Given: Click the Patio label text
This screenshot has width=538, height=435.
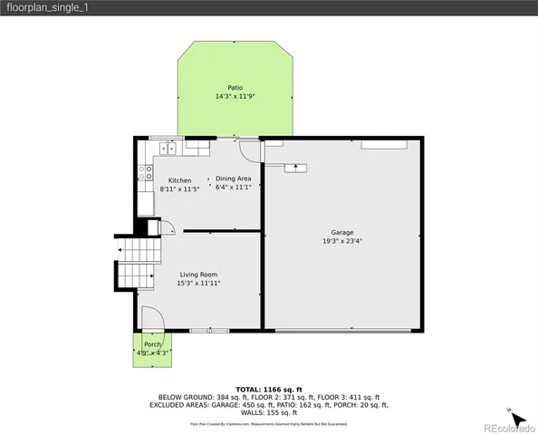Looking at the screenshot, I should click(x=235, y=87).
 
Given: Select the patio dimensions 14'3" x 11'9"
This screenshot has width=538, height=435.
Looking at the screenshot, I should click(x=235, y=96).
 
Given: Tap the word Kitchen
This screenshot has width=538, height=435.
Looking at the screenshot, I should click(x=179, y=180).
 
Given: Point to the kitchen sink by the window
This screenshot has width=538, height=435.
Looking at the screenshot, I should click(x=168, y=146).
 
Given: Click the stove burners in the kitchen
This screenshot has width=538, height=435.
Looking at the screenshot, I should click(x=145, y=172).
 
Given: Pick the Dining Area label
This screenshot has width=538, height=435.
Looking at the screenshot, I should click(x=234, y=179).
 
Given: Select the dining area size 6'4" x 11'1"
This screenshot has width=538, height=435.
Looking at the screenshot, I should click(x=234, y=188).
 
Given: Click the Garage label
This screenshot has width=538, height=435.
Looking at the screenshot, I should click(x=342, y=232).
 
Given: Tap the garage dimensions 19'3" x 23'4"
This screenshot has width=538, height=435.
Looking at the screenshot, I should click(x=342, y=241).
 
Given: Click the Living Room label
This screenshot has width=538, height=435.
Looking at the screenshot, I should click(x=198, y=274).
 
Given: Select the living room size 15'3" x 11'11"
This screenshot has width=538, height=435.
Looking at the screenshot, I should click(x=198, y=283).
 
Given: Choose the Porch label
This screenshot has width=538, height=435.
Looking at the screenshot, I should click(x=153, y=344).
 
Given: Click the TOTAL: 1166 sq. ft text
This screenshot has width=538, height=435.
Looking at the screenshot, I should click(x=268, y=388).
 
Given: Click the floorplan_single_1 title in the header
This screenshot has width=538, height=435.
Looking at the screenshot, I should click(x=48, y=7).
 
